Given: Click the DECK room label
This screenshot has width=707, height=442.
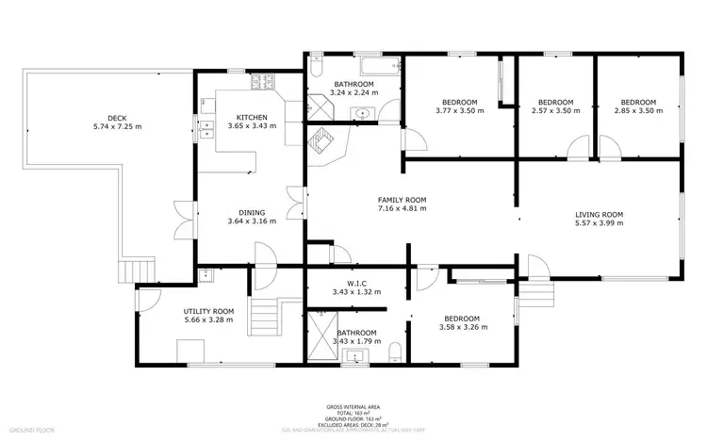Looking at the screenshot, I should (x=117, y=118).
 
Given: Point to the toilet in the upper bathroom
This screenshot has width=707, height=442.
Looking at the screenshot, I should (x=317, y=71).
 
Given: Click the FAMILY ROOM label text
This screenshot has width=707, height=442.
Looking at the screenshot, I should (x=403, y=200).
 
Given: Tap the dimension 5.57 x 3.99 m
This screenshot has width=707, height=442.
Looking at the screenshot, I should (x=600, y=225).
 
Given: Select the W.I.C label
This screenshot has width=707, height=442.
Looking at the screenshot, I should (x=356, y=282).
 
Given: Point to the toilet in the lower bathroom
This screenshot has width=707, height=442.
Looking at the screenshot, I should (x=396, y=352).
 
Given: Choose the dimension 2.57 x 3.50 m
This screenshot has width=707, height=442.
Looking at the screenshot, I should (x=555, y=111).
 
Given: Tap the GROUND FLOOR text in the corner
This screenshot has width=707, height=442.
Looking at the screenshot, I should (x=32, y=430).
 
